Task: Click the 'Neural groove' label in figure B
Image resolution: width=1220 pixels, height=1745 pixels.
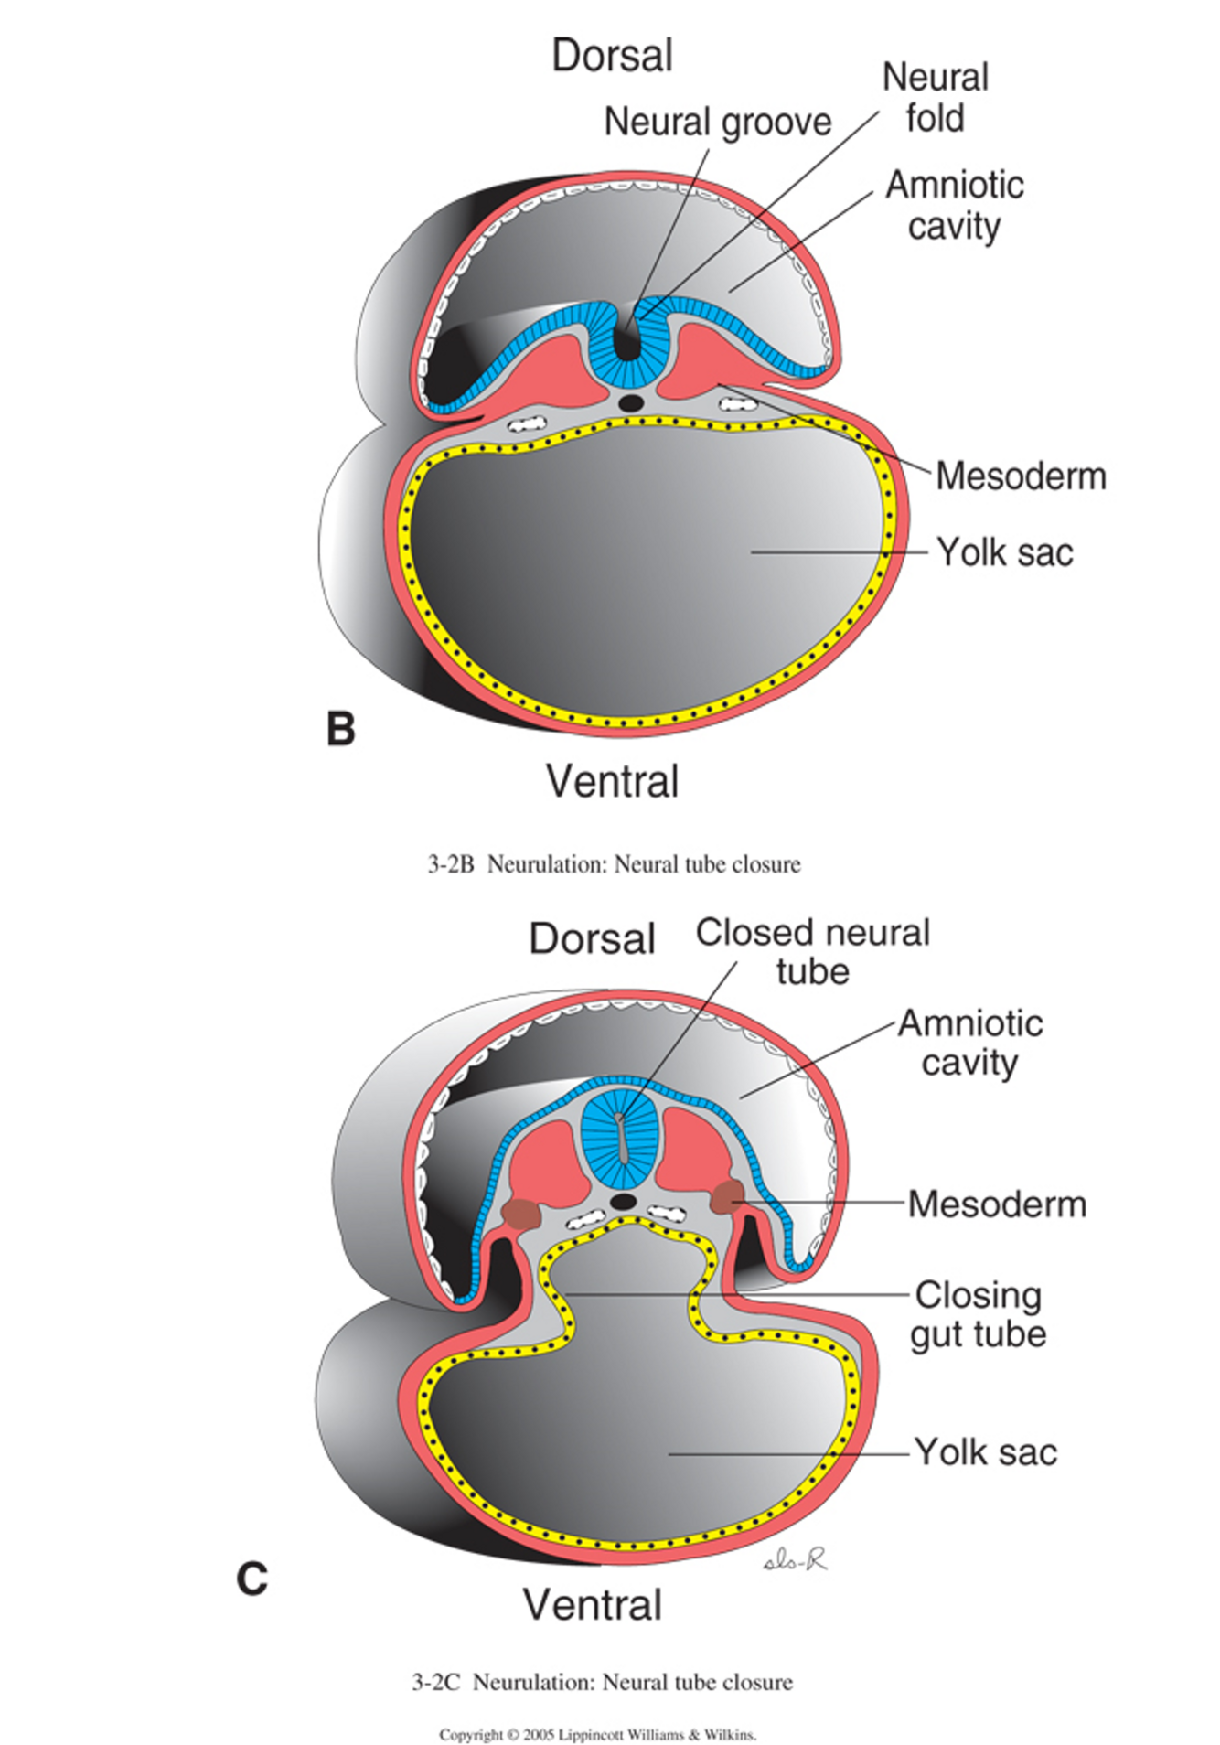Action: pos(718,122)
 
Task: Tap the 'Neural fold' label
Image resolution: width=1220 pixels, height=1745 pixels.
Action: pos(935,98)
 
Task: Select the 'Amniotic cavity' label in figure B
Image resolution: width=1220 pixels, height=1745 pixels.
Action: pos(954,205)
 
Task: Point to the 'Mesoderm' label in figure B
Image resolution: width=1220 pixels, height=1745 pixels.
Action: pos(1021,476)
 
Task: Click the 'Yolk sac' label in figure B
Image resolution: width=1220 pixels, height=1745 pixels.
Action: pos(1004,552)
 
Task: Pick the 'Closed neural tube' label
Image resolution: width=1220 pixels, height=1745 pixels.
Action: pos(812,951)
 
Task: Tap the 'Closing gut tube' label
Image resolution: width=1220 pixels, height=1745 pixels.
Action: pos(979,1314)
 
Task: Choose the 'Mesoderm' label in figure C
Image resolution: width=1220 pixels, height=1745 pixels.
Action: pos(997,1204)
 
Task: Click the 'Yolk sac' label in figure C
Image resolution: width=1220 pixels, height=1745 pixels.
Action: pos(986,1452)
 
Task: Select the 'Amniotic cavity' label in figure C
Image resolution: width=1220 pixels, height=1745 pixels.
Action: pos(969,1043)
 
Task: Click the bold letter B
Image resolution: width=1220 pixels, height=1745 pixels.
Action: pos(340,729)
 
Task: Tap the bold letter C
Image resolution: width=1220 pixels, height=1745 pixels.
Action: pos(251,1579)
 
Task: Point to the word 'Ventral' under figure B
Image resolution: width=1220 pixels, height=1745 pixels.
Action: pos(612,782)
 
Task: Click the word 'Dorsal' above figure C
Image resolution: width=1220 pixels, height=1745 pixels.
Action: pos(592,938)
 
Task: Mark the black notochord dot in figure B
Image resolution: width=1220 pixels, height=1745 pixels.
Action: pos(630,401)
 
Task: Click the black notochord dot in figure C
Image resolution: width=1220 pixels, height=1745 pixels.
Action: pos(624,1201)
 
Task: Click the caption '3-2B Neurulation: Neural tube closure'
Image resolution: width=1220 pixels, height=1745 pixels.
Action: pos(614,864)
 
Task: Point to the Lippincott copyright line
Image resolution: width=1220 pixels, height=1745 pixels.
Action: pos(598,1734)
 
